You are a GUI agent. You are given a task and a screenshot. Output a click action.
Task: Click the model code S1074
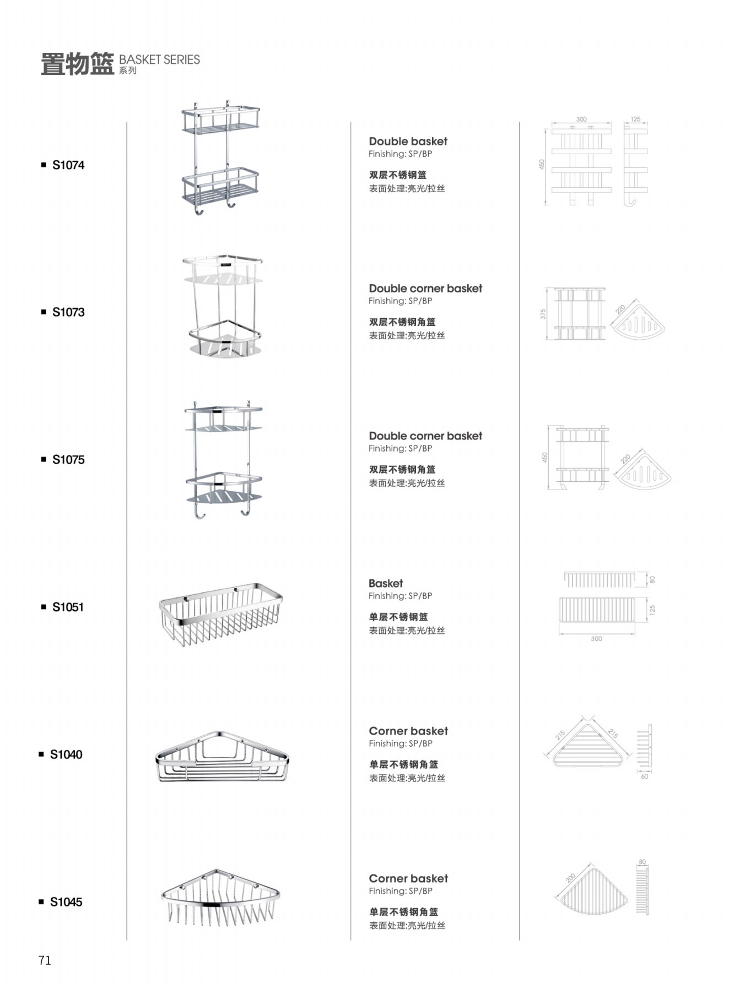tap(68, 165)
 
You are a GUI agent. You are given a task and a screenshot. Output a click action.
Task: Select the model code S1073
tap(68, 312)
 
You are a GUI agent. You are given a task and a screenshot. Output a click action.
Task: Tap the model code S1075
tap(68, 459)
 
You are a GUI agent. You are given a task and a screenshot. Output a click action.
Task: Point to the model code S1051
tap(68, 607)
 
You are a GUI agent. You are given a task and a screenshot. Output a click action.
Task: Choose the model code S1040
tap(66, 754)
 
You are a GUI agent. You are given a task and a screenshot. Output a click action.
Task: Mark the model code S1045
tap(66, 901)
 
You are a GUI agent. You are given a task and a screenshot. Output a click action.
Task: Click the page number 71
tap(45, 960)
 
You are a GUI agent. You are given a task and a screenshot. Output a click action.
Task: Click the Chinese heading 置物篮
tap(77, 64)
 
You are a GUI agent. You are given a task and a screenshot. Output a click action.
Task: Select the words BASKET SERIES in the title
tap(159, 59)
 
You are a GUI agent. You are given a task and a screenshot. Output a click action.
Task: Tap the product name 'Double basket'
tap(408, 141)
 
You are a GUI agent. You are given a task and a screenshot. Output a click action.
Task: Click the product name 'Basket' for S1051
tap(386, 583)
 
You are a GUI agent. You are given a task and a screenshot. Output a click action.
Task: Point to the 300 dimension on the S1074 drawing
tap(581, 119)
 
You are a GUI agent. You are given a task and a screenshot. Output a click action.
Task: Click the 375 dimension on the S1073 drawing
tap(543, 314)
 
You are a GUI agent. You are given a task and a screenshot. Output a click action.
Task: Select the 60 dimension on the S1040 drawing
tap(644, 776)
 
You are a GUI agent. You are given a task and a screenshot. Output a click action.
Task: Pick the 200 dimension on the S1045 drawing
tap(570, 878)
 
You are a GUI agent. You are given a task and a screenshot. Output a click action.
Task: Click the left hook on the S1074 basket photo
tap(198, 210)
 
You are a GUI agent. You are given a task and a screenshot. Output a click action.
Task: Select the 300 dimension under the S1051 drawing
tap(596, 639)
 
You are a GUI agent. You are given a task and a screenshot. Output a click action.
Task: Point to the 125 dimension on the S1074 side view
tap(635, 119)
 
